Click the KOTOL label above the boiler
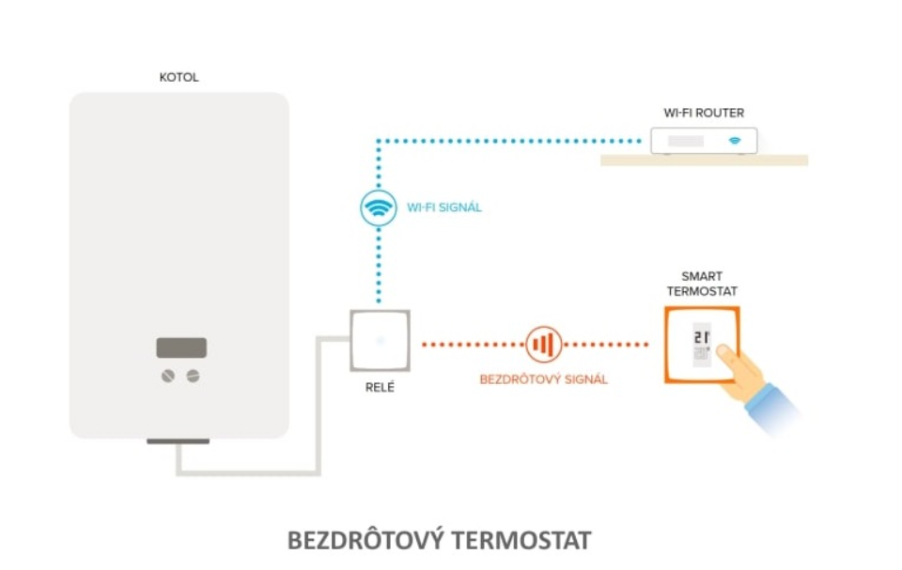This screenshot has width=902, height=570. [179, 78]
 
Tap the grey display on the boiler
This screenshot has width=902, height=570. [181, 347]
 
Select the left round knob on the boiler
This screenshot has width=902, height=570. [170, 376]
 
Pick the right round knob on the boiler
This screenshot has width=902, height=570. [193, 376]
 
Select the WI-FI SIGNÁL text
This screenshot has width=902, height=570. [445, 208]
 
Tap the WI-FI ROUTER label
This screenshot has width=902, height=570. [703, 113]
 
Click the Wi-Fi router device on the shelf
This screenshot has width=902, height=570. [703, 142]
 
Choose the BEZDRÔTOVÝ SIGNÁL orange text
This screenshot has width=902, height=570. [543, 379]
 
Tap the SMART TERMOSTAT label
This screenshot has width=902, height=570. [702, 284]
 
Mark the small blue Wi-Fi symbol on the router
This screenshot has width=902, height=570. [735, 142]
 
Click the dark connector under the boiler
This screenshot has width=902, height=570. [179, 440]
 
